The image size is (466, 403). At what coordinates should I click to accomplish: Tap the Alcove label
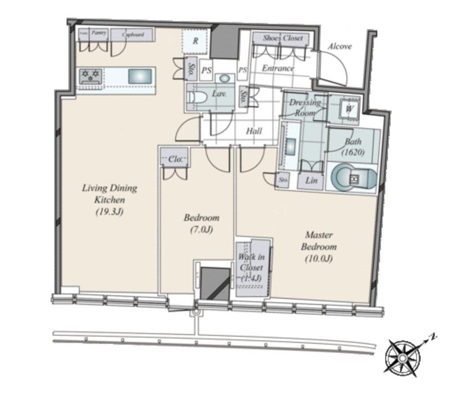(x=339, y=46)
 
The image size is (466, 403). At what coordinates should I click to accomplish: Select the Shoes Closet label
(x=283, y=38)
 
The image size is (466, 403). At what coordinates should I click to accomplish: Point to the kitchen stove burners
(x=90, y=76)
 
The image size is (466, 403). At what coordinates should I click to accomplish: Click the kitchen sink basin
(x=140, y=76)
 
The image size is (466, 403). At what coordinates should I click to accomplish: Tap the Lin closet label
(x=311, y=181)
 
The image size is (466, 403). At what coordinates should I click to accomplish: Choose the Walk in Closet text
(x=251, y=262)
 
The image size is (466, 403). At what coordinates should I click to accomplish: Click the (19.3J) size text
(x=109, y=212)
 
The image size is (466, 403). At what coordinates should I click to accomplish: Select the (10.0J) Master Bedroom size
(x=318, y=259)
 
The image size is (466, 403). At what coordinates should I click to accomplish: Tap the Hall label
(x=254, y=131)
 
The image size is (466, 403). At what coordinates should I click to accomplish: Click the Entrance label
(x=278, y=68)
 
